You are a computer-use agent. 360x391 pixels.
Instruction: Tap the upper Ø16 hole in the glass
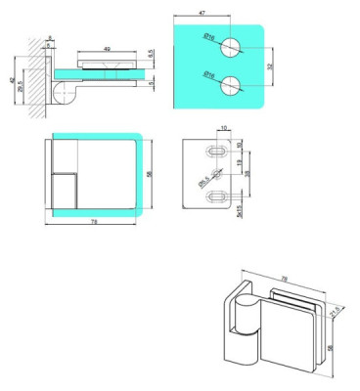click(x=231, y=46)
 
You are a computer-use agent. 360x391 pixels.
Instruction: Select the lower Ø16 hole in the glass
click(x=231, y=82)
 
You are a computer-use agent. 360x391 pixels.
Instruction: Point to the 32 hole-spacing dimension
click(x=271, y=65)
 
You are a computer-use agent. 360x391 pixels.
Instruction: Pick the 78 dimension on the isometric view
click(x=285, y=279)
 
